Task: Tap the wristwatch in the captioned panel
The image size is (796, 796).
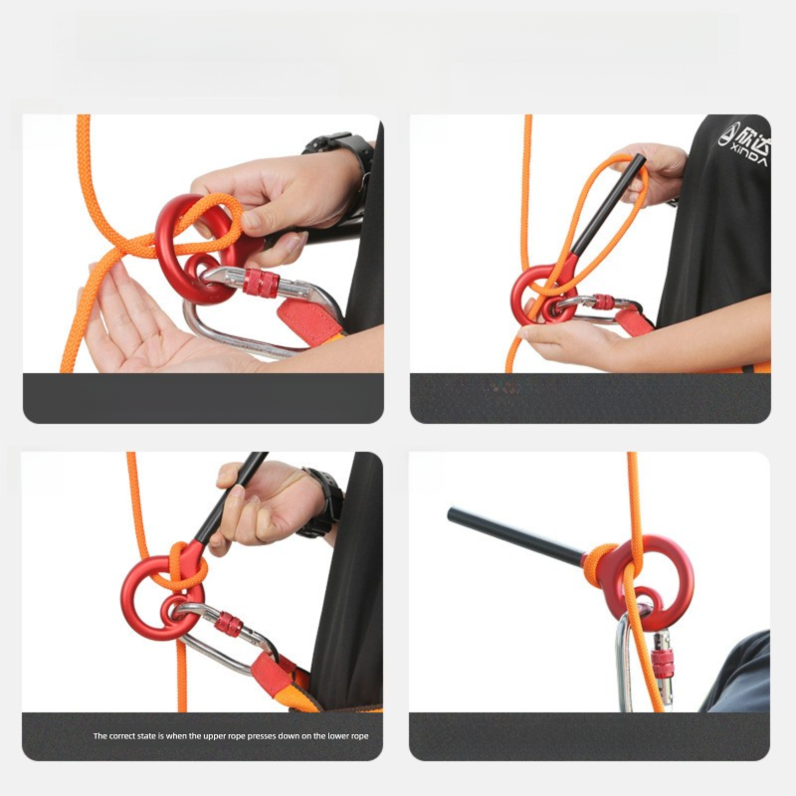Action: point(323,501)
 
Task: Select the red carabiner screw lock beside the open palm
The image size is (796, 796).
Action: point(261,283)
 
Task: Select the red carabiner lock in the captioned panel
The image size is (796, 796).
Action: point(228,625)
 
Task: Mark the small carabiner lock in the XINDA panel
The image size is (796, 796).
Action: point(603,301)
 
